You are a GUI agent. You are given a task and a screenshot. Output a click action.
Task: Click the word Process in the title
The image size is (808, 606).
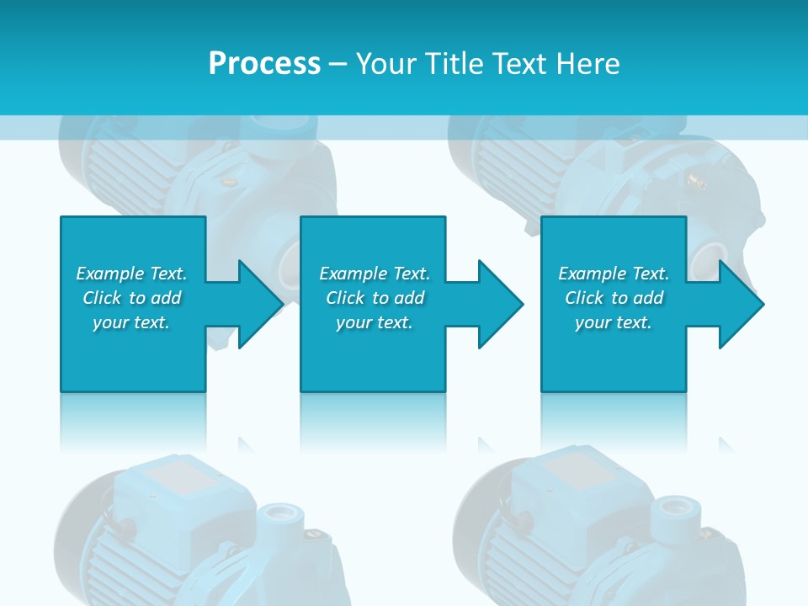(264, 64)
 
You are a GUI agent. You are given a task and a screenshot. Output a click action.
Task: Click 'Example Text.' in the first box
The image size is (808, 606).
(131, 274)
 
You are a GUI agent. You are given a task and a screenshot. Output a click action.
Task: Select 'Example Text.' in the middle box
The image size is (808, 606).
(375, 274)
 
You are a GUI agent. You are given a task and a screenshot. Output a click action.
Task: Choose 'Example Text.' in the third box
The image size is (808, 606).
(614, 274)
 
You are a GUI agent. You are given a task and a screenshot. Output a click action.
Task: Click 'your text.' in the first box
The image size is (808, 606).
(131, 322)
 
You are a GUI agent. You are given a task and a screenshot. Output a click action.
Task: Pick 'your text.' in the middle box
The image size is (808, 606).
(375, 322)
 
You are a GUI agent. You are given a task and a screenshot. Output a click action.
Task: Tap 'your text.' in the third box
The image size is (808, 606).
(614, 322)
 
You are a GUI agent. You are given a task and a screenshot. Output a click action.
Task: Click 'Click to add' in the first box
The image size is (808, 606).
(131, 298)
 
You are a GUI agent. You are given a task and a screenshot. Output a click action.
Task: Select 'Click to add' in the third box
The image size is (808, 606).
(614, 298)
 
